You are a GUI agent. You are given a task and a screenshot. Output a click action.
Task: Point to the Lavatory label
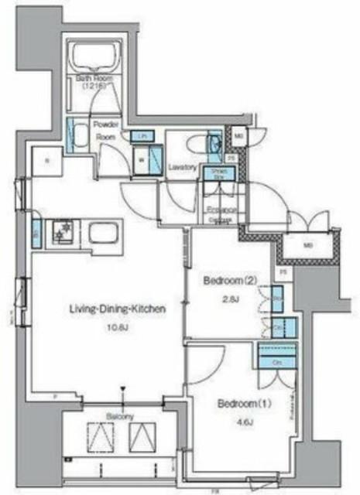[182, 166]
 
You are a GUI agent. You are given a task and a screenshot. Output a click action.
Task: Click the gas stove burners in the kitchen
[61, 233]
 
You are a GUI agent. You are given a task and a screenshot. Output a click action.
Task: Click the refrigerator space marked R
[48, 161]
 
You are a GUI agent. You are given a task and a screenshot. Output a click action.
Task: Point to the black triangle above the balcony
[122, 391]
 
